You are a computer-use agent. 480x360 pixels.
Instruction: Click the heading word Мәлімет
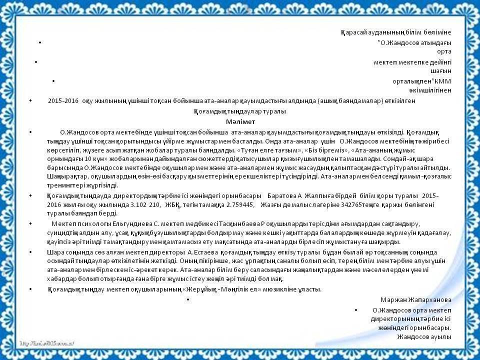coord(240,121)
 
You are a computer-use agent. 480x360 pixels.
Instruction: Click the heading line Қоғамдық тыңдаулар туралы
coord(240,111)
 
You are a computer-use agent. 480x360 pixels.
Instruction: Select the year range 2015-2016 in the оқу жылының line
coord(63,100)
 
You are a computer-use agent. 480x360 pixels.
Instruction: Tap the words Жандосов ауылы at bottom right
coord(424,336)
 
